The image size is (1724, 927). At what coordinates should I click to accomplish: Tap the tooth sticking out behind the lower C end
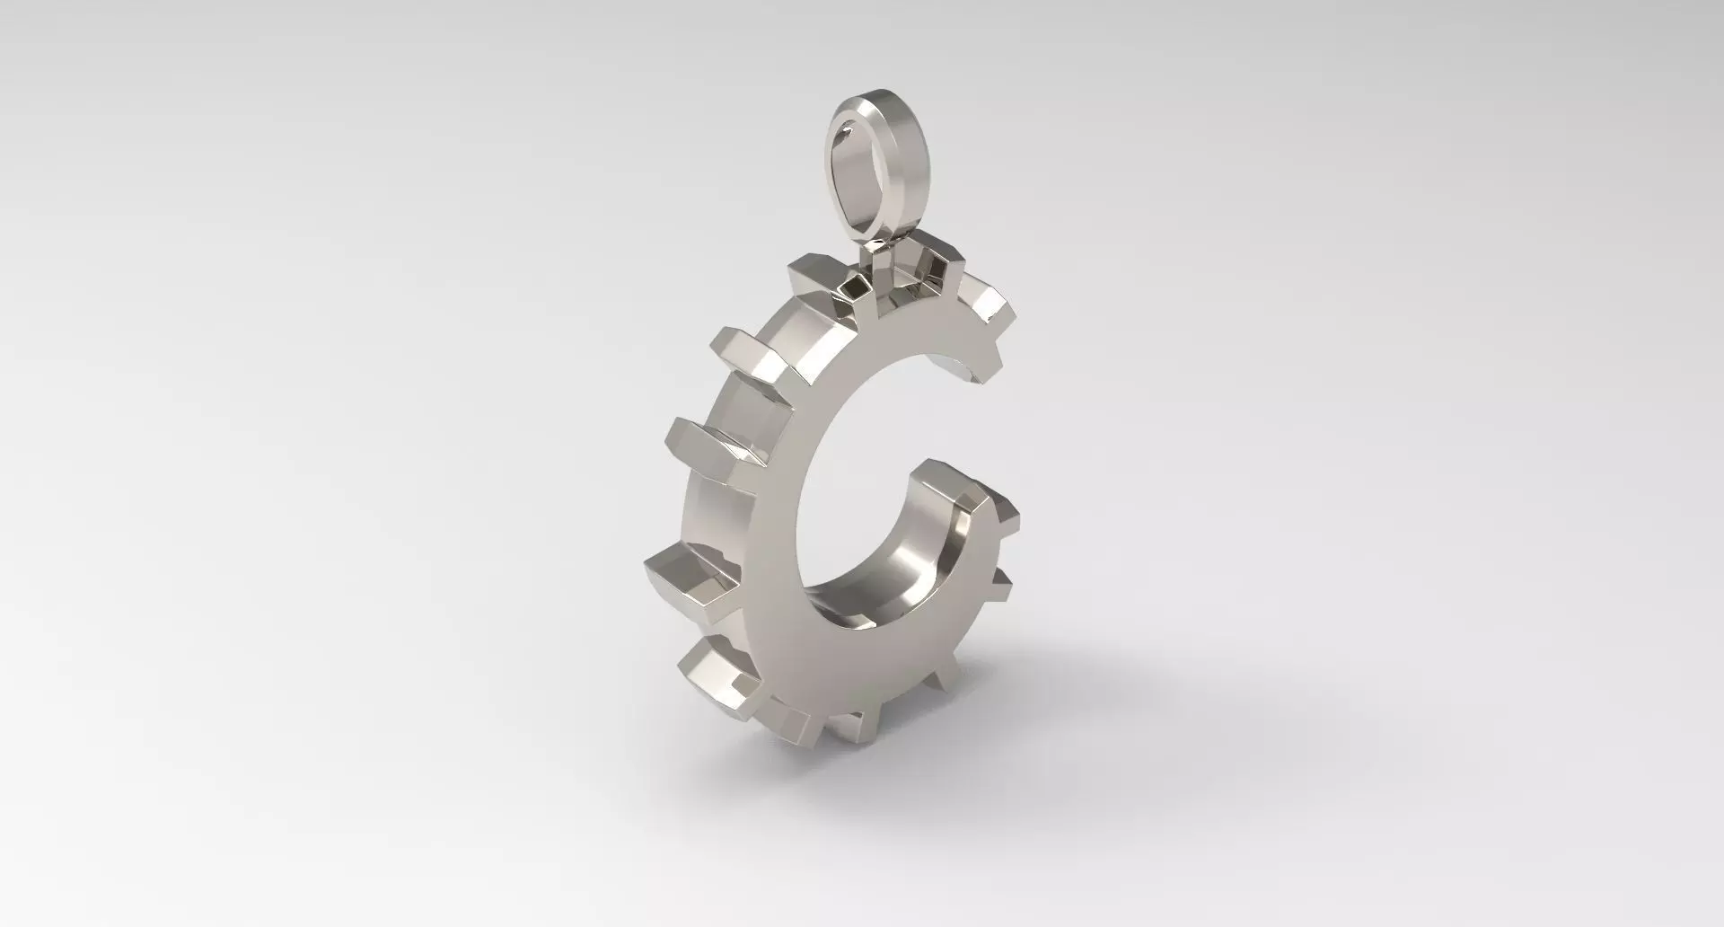point(1001,508)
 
